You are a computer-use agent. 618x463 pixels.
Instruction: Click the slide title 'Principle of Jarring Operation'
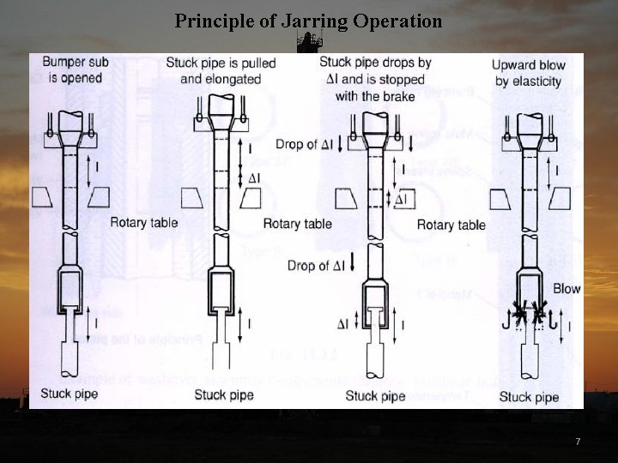(309, 20)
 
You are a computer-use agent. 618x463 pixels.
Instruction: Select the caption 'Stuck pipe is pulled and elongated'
(221, 70)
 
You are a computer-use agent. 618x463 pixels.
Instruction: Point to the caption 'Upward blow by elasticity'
(527, 73)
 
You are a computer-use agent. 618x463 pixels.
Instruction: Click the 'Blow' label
(566, 289)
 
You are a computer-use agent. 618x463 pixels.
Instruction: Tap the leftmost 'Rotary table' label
(144, 223)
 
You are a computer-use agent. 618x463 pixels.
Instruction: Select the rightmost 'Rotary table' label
(451, 225)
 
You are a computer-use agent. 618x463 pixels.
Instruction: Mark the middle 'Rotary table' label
(297, 224)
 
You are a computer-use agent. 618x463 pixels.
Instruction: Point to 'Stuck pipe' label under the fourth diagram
(529, 397)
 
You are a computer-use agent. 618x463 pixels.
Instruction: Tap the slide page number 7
(577, 442)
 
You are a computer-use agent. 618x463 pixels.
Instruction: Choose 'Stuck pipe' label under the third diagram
(375, 396)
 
